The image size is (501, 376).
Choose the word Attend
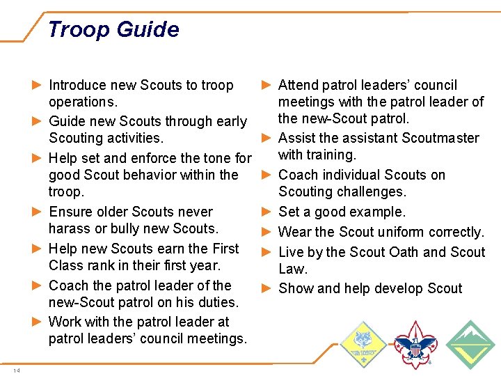pyautogui.click(x=299, y=86)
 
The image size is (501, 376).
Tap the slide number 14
pyautogui.click(x=17, y=370)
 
